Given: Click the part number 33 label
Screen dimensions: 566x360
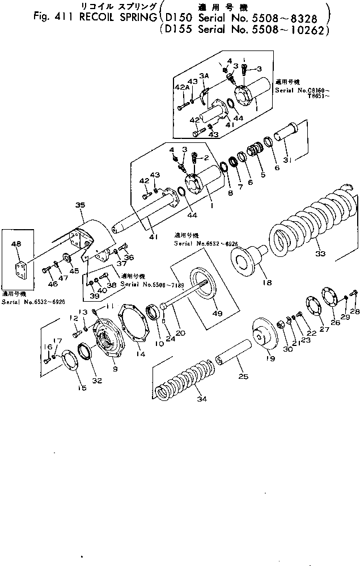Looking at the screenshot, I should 321,254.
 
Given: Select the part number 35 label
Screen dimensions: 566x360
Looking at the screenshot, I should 79,206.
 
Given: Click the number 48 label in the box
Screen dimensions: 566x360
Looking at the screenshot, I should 16,244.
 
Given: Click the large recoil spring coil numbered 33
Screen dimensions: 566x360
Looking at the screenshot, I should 309,221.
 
